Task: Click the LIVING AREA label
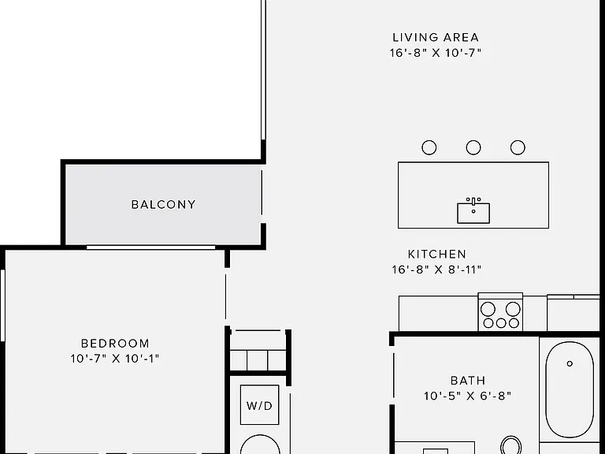pyautogui.click(x=436, y=38)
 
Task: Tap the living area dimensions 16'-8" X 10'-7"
pyautogui.click(x=436, y=53)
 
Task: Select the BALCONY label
pyautogui.click(x=164, y=204)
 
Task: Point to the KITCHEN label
pyautogui.click(x=436, y=254)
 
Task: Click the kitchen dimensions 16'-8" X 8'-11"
pyautogui.click(x=436, y=269)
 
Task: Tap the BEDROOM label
pyautogui.click(x=115, y=343)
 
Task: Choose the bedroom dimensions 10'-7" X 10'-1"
pyautogui.click(x=115, y=359)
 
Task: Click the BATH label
pyautogui.click(x=468, y=381)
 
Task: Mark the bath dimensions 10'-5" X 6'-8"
pyautogui.click(x=468, y=396)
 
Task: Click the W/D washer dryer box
pyautogui.click(x=259, y=405)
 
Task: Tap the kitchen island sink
pyautogui.click(x=473, y=213)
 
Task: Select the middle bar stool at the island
pyautogui.click(x=473, y=147)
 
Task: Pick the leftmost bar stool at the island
pyautogui.click(x=429, y=147)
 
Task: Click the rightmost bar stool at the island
pyautogui.click(x=518, y=147)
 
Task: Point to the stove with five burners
pyautogui.click(x=500, y=312)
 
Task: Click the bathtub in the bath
pyautogui.click(x=570, y=390)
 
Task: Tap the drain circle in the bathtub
pyautogui.click(x=570, y=363)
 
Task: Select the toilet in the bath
pyautogui.click(x=511, y=445)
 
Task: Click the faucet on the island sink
pyautogui.click(x=473, y=202)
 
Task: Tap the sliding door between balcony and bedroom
pyautogui.click(x=151, y=247)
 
